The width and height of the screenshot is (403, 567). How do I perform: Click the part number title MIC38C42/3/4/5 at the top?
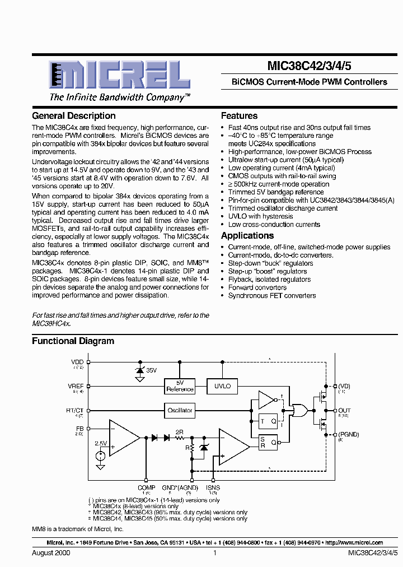[310, 66]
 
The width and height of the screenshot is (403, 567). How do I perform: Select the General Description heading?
[74, 116]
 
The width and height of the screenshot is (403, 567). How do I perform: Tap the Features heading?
[239, 116]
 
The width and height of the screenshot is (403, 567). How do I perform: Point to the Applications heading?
[247, 236]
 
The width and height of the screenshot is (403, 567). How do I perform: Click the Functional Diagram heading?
[73, 341]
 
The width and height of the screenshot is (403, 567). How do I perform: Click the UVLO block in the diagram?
[222, 386]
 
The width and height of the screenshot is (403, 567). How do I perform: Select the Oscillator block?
[180, 410]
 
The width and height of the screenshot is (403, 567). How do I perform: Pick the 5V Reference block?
[180, 386]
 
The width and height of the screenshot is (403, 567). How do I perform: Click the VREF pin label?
[76, 386]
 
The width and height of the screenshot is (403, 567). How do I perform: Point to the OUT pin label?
[344, 411]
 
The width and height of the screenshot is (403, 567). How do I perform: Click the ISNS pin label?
[213, 488]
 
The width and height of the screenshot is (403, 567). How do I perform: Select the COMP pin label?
[147, 488]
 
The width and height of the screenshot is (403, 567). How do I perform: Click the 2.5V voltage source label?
[101, 443]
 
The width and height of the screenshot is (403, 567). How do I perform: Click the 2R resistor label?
[179, 432]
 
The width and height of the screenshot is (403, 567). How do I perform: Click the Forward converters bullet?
[257, 287]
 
